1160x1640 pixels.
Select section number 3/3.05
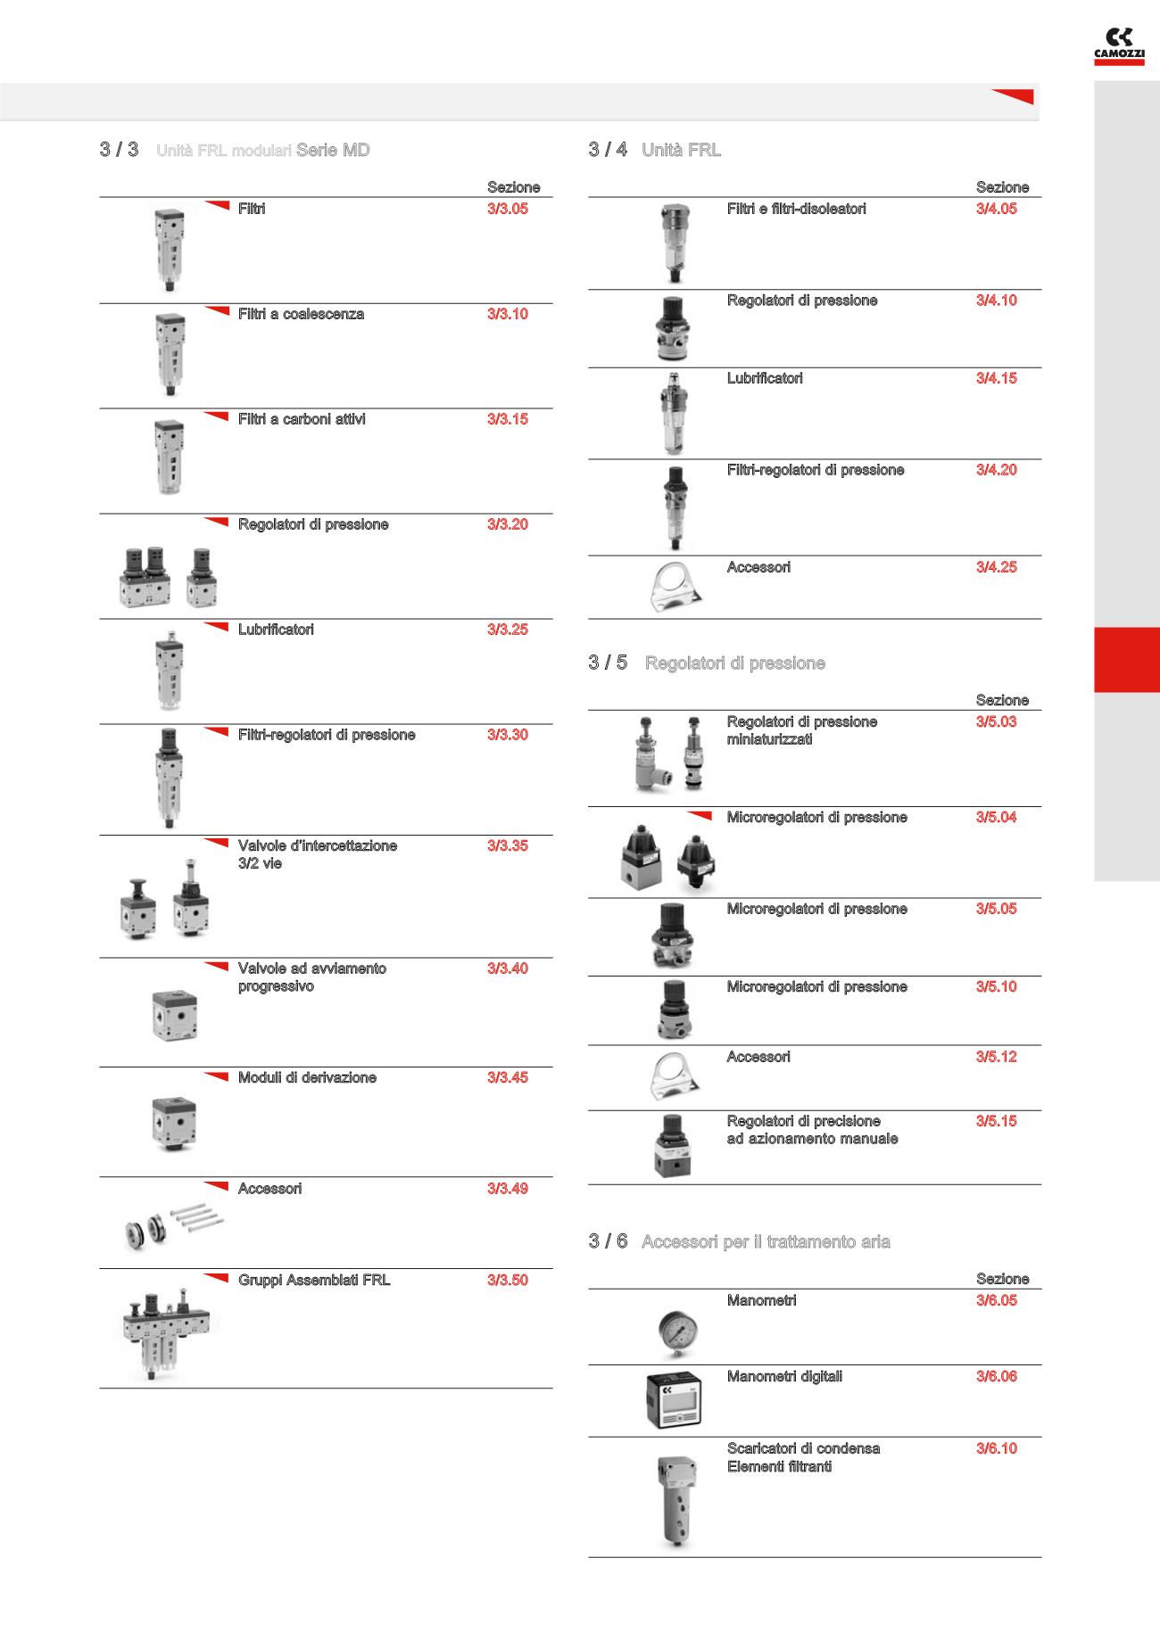[507, 209]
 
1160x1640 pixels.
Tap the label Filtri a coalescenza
[301, 314]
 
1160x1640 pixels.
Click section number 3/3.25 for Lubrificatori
[507, 630]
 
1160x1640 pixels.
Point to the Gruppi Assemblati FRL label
[314, 1281]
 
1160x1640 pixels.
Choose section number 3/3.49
[507, 1189]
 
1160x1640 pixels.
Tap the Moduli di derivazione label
[307, 1077]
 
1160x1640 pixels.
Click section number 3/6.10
[996, 1448]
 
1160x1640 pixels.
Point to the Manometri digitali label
[784, 1376]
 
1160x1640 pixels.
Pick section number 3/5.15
[996, 1121]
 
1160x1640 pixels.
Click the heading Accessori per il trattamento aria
[766, 1241]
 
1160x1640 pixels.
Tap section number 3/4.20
[996, 470]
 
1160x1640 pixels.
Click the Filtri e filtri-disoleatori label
[796, 209]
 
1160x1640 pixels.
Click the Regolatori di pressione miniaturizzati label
[801, 730]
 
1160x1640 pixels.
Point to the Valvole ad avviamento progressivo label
[311, 977]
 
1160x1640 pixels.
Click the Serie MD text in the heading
[333, 150]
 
